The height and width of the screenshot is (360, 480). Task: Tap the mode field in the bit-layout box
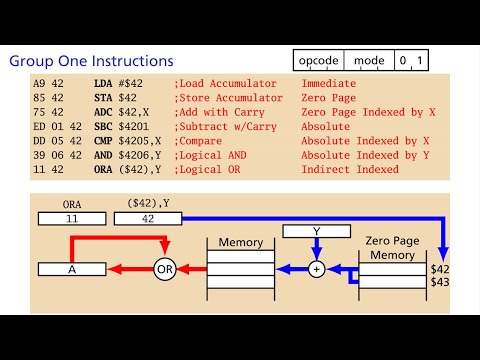click(x=369, y=61)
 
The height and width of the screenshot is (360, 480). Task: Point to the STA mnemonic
click(x=102, y=102)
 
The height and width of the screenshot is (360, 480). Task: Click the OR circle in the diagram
click(x=166, y=268)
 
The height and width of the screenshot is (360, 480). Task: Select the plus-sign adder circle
click(x=317, y=268)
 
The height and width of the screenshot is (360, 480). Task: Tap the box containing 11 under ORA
click(x=70, y=217)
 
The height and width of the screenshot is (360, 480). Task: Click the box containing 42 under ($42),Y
click(x=147, y=217)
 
